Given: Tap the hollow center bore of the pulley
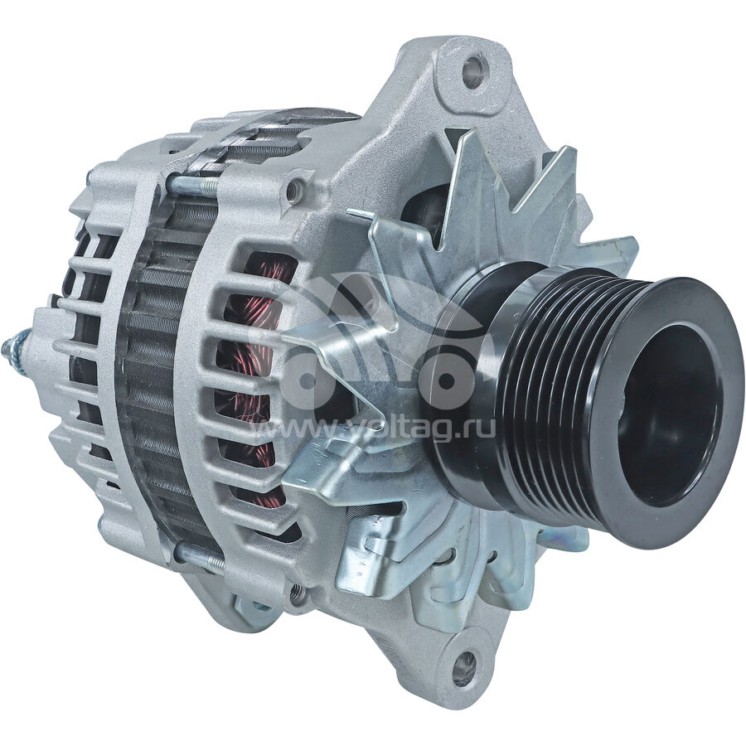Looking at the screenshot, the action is pyautogui.click(x=668, y=417).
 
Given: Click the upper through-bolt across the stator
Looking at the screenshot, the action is pyautogui.click(x=191, y=184).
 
